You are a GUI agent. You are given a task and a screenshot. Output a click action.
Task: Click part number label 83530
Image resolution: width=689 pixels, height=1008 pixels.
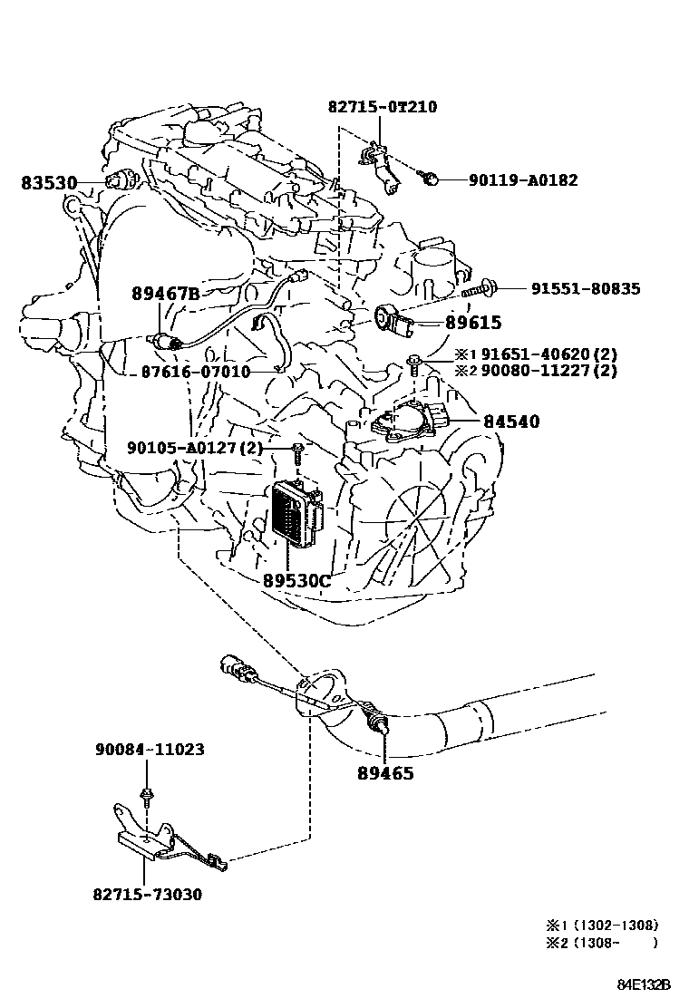coord(48,183)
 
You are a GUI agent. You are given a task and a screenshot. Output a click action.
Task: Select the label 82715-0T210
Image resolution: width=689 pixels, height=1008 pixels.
coord(382,107)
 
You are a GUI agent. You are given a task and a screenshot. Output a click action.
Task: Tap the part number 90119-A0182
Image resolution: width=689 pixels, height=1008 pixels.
coord(522,180)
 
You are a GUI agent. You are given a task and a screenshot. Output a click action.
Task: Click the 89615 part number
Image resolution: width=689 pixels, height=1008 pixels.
coord(472,323)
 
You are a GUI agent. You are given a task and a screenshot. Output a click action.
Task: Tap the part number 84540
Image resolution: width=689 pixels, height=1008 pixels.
coord(510,422)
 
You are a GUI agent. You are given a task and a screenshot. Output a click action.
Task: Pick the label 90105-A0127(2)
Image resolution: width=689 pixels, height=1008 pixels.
coord(194,447)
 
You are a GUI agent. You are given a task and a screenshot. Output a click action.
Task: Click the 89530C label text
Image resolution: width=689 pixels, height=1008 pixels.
coord(296,580)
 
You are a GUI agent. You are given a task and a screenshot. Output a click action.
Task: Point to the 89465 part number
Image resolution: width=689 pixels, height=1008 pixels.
coord(385,773)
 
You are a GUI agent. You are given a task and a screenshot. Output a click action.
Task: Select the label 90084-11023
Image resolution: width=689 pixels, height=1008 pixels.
coord(150,750)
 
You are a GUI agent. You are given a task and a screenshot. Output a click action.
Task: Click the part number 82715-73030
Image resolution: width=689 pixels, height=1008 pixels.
coord(147,895)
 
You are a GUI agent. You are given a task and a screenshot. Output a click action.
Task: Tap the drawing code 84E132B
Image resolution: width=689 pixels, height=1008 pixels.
coord(644,984)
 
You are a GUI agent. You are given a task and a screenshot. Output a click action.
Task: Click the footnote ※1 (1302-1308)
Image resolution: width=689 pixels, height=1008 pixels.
coord(602,926)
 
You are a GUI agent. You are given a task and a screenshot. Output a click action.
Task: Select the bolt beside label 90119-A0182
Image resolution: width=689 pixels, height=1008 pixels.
coord(433,179)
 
